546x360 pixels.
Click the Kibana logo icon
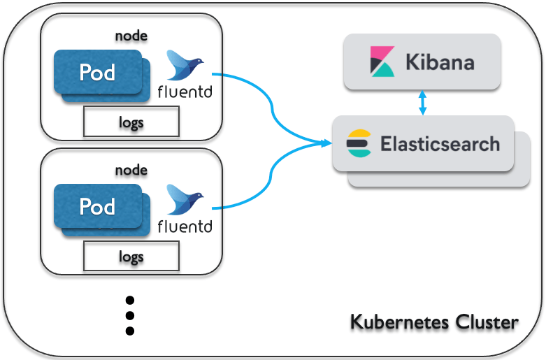click(381, 62)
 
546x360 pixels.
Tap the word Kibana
click(440, 62)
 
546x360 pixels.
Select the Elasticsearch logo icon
click(359, 143)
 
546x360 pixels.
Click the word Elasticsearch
click(440, 144)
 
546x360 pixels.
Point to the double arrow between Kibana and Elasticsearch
click(421, 102)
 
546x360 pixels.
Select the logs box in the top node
click(131, 122)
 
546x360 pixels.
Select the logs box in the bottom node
click(131, 257)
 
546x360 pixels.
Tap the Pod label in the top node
click(97, 72)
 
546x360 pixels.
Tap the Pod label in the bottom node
click(97, 206)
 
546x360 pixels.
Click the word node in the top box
click(131, 35)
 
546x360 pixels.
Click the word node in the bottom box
click(131, 170)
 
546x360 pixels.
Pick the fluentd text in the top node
click(185, 92)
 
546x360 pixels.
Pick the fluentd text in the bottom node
click(185, 226)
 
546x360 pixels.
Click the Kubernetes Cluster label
click(433, 322)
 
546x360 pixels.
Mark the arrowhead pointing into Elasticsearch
click(326, 144)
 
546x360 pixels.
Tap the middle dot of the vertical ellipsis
click(129, 315)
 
